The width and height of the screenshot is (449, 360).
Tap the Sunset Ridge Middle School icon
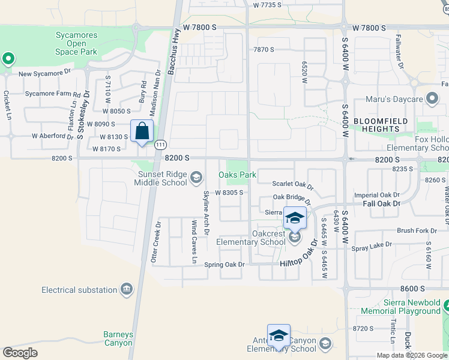196,176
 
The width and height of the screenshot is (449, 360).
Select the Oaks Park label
238,175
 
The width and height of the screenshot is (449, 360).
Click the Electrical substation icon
127,290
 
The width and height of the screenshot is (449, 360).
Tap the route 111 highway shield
160,145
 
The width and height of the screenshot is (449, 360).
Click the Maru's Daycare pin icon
432,99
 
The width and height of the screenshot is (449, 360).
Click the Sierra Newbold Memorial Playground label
400,307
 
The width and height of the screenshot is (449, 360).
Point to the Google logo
20,352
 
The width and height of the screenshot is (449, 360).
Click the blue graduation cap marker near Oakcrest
294,218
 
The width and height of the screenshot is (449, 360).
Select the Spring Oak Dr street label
224,265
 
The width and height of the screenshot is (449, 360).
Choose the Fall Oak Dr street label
381,204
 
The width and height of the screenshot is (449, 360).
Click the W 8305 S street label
229,193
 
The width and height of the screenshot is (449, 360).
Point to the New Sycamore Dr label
44,74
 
